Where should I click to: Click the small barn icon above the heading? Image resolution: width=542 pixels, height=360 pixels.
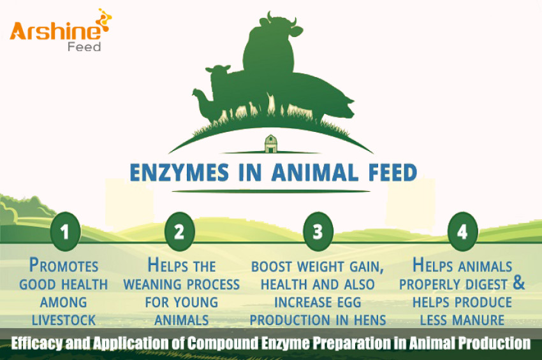point(270,143)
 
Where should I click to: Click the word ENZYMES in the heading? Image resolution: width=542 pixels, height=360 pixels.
point(172,172)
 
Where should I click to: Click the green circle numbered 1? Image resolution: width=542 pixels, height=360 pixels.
point(64,231)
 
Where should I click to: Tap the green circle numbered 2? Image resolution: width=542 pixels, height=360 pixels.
point(179,231)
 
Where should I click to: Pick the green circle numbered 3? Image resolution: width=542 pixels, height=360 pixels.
point(317,231)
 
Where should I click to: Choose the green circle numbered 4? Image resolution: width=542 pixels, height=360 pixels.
point(462,231)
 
